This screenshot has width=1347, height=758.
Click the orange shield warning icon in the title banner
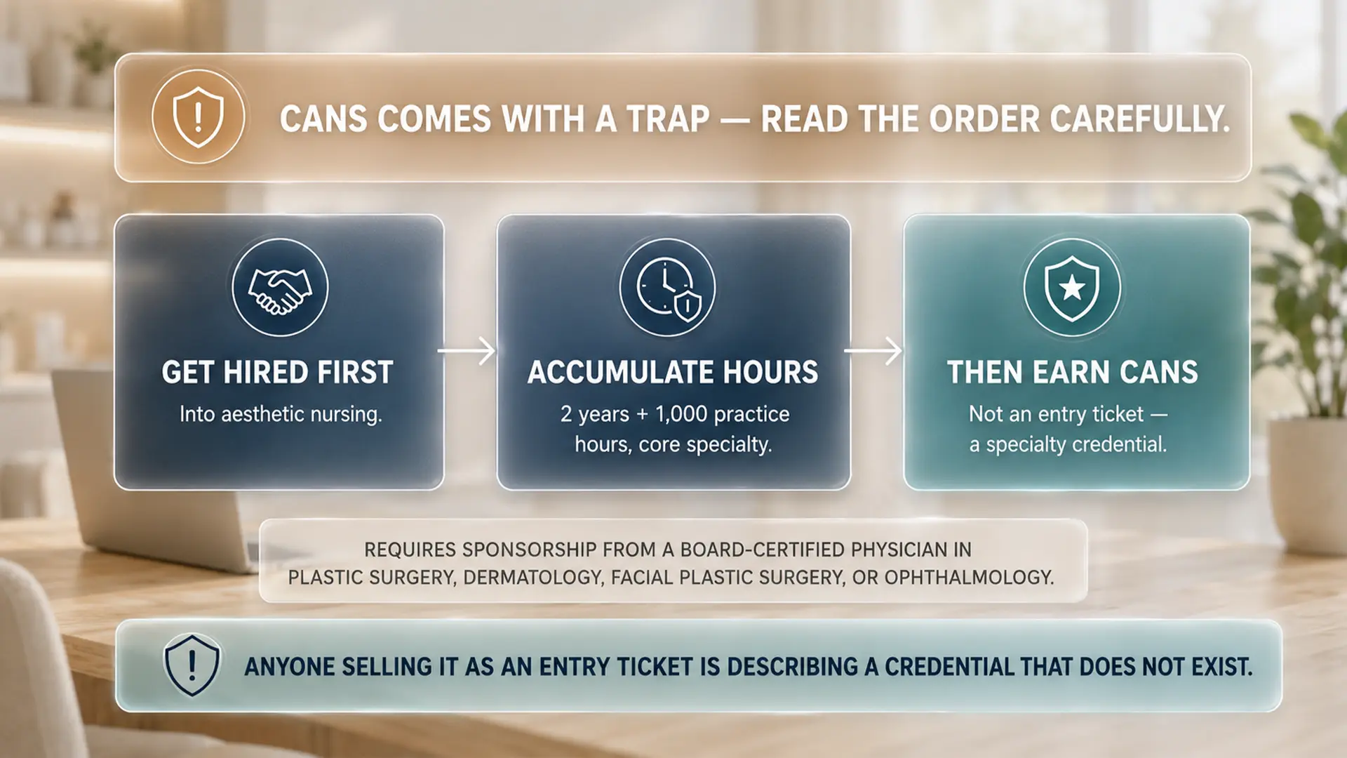pyautogui.click(x=199, y=117)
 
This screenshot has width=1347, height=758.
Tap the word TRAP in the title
pyautogui.click(x=669, y=119)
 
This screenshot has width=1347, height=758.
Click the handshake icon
pyautogui.click(x=280, y=288)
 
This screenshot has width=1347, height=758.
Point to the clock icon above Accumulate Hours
pyautogui.click(x=668, y=288)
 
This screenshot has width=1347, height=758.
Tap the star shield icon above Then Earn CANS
pyautogui.click(x=1072, y=288)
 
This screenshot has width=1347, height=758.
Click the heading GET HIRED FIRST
pyautogui.click(x=278, y=373)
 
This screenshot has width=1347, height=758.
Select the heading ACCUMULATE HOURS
pyautogui.click(x=673, y=373)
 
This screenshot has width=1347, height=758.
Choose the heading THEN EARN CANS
pyautogui.click(x=1073, y=373)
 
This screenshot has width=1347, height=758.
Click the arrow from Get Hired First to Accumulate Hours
pyautogui.click(x=467, y=350)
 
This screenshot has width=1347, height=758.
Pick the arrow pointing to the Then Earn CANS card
pyautogui.click(x=873, y=350)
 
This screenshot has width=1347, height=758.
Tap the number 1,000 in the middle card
pyautogui.click(x=681, y=414)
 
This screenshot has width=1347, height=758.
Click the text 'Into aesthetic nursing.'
pyautogui.click(x=281, y=414)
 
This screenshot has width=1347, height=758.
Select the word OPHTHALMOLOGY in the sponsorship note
pyautogui.click(x=969, y=578)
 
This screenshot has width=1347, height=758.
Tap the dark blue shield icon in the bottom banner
pyautogui.click(x=192, y=665)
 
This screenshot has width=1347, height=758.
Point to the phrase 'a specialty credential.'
pyautogui.click(x=1068, y=445)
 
